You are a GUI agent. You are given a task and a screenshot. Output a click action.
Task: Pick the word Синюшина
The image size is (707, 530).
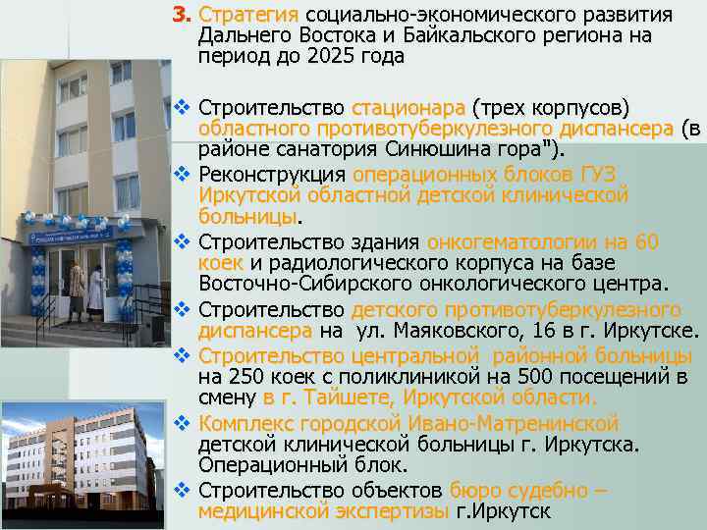click(x=441, y=148)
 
